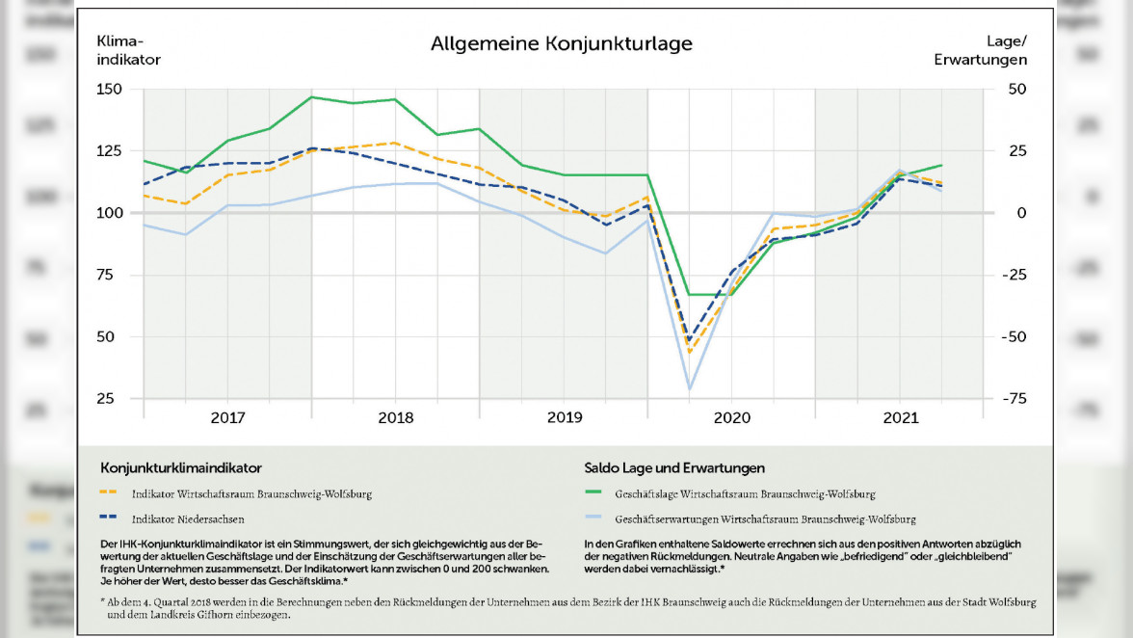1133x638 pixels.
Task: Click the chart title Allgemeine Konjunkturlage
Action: coord(561,44)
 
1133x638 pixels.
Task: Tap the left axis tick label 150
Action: coord(110,90)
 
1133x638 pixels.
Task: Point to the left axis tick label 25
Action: coord(114,399)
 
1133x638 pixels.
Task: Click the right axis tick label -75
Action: coord(1013,399)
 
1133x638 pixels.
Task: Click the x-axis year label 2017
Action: coord(227,418)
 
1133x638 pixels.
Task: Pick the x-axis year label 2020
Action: coord(731,418)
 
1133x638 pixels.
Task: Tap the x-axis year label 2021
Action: coord(899,418)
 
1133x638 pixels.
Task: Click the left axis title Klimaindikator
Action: coord(128,50)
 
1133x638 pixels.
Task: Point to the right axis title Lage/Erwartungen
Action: coord(980,50)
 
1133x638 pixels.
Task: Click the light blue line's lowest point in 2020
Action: coord(689,389)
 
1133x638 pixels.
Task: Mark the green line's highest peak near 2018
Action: coord(311,96)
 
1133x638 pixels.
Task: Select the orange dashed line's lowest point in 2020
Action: coord(689,352)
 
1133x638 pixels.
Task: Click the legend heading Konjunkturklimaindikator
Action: coord(180,468)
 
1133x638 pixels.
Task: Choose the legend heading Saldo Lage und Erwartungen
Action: coord(674,468)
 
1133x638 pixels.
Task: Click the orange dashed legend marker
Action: coord(109,493)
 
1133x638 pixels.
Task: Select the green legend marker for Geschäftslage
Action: coord(593,493)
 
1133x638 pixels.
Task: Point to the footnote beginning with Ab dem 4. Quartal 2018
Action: coord(568,608)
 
